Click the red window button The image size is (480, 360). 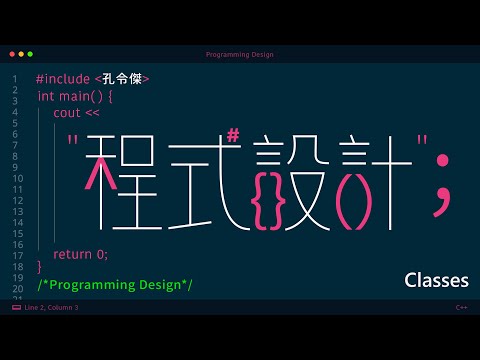point(12,54)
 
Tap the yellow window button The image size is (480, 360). point(21,54)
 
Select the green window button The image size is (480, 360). point(30,54)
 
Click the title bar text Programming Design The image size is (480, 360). point(240,55)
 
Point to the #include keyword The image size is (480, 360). point(63,79)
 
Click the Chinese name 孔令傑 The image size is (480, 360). point(122,79)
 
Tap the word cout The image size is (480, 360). point(67,113)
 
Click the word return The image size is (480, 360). point(72,254)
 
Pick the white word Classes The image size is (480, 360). point(436,280)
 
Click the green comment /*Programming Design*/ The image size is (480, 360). point(115,285)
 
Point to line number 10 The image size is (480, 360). point(18,179)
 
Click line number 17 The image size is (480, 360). point(18,256)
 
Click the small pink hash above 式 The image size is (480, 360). point(233,136)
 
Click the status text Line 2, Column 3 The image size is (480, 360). point(51,307)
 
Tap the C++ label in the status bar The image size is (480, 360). point(461,307)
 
